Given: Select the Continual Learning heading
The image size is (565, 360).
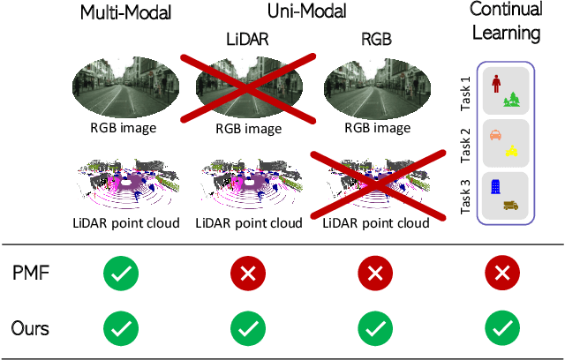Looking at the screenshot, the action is (505, 22).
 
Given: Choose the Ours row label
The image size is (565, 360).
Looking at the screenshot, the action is (31, 328).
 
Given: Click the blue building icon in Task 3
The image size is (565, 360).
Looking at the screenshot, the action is (494, 187).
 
